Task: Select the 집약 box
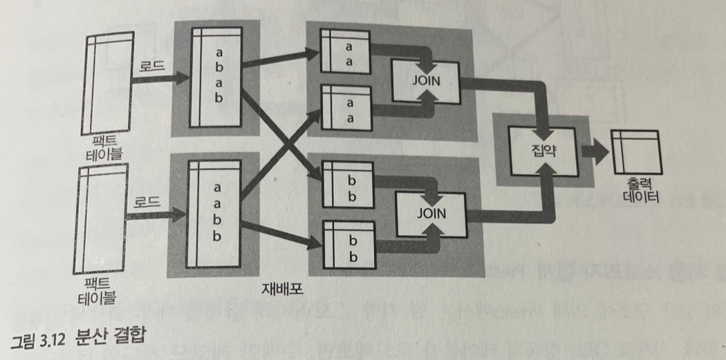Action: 542,150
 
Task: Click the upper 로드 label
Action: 149,65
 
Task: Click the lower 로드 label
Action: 147,203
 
